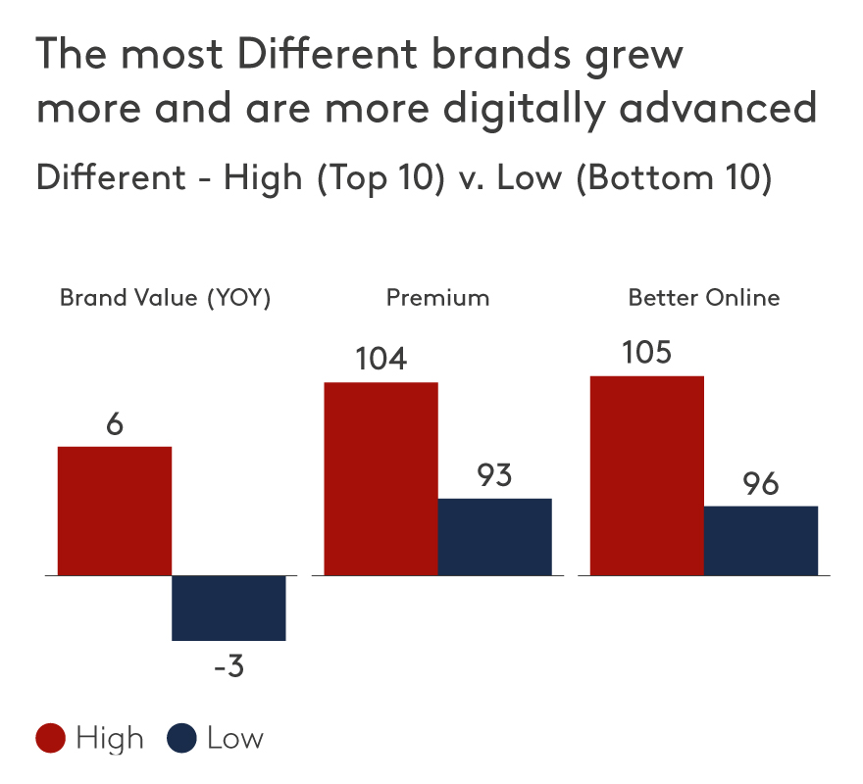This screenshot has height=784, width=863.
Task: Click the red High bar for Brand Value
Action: tap(115, 511)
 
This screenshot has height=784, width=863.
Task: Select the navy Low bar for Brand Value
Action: tap(228, 608)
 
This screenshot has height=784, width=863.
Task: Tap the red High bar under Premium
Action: tap(381, 478)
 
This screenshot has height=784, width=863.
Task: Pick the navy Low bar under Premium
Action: tap(494, 536)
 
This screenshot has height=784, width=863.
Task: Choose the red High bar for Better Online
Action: tap(646, 475)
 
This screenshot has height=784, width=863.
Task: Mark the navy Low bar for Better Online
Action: tap(760, 540)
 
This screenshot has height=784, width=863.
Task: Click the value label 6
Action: tap(115, 426)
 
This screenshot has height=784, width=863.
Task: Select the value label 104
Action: tap(381, 360)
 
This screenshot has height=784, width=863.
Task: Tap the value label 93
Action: tap(495, 476)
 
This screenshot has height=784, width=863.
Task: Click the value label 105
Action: tap(646, 353)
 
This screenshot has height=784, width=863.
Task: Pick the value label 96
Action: tap(760, 484)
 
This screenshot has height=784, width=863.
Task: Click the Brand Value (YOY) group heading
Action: tap(165, 298)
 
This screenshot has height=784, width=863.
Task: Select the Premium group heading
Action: tap(437, 298)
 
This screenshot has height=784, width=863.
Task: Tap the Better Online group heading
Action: tap(704, 298)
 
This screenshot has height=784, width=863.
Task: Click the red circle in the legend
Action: tap(51, 739)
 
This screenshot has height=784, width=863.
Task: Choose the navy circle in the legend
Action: tap(183, 739)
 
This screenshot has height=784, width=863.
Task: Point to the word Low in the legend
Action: tap(235, 739)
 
